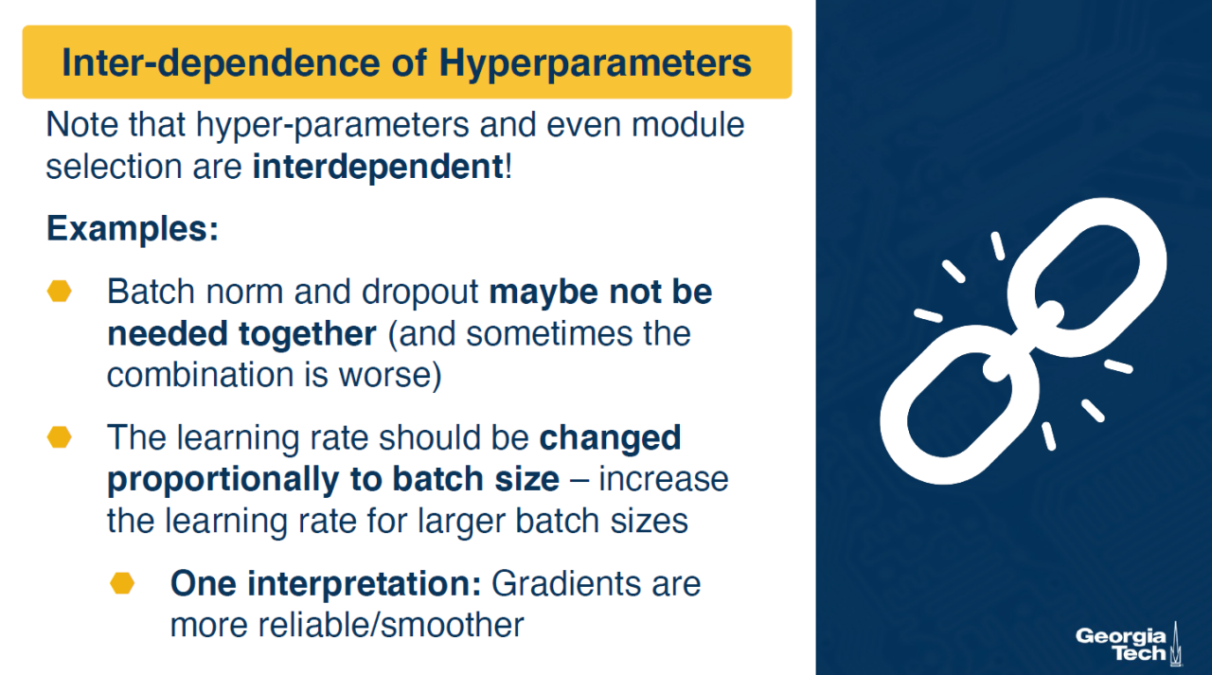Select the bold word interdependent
[x=378, y=166]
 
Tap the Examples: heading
[x=133, y=228]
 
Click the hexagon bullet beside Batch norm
[x=59, y=291]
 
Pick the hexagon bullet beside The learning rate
[x=59, y=437]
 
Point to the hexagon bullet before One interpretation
[x=122, y=583]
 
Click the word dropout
[x=420, y=293]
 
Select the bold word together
[x=308, y=333]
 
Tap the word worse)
[x=390, y=374]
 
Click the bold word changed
[x=610, y=437]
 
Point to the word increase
[x=664, y=479]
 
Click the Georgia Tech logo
[x=1129, y=645]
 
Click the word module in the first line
[x=687, y=124]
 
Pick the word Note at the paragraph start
[x=82, y=124]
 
